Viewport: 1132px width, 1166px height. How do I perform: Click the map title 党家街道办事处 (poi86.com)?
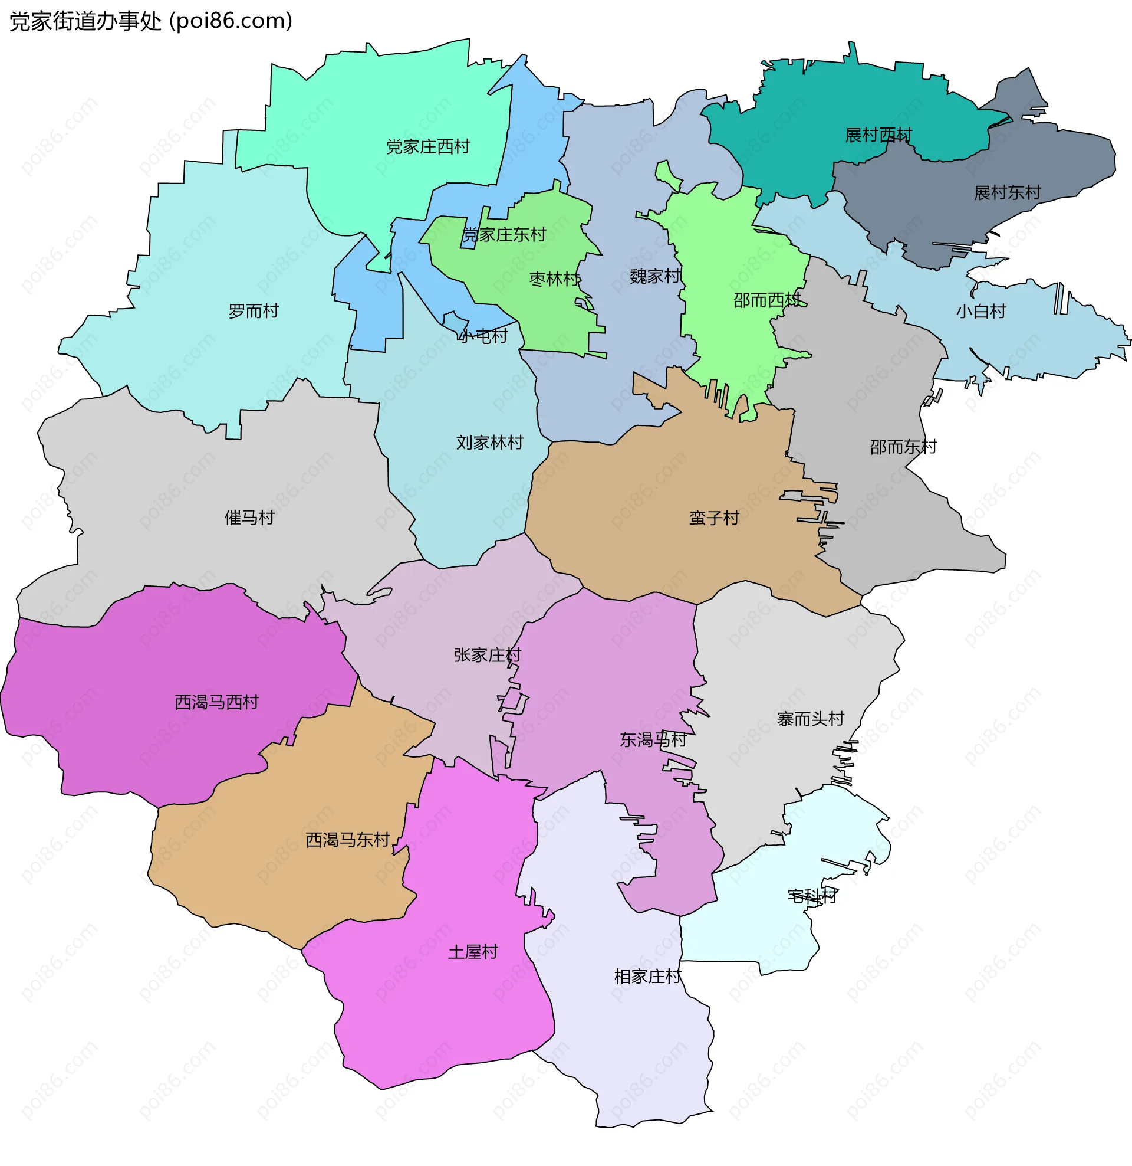pyautogui.click(x=151, y=21)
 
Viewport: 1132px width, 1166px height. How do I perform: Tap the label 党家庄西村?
pyautogui.click(x=427, y=146)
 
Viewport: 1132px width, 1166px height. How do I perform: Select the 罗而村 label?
pyautogui.click(x=254, y=310)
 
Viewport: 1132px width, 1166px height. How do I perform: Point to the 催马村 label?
pyautogui.click(x=249, y=517)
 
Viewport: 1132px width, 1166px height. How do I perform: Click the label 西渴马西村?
pyautogui.click(x=216, y=702)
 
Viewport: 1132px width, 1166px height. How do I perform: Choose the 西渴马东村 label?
pyautogui.click(x=347, y=840)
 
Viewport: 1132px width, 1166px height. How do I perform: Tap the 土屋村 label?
pyautogui.click(x=473, y=952)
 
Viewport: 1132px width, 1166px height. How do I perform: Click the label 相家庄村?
pyautogui.click(x=647, y=976)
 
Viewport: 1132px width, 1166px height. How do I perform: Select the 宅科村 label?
pyautogui.click(x=812, y=895)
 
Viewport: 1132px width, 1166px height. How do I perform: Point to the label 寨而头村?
pyautogui.click(x=810, y=719)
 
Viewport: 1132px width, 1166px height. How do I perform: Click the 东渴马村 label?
pyautogui.click(x=653, y=739)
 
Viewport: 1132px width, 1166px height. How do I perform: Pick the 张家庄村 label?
pyautogui.click(x=487, y=654)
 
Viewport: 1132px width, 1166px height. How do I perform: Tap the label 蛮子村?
pyautogui.click(x=714, y=518)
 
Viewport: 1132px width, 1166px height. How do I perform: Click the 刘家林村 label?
pyautogui.click(x=489, y=442)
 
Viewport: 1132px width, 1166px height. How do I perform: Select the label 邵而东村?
pyautogui.click(x=903, y=446)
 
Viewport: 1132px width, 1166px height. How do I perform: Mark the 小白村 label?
pyautogui.click(x=980, y=311)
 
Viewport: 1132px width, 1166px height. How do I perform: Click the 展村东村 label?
pyautogui.click(x=1007, y=192)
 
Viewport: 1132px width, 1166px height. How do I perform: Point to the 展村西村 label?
pyautogui.click(x=878, y=135)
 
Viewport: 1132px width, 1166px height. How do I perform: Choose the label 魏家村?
pyautogui.click(x=654, y=276)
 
